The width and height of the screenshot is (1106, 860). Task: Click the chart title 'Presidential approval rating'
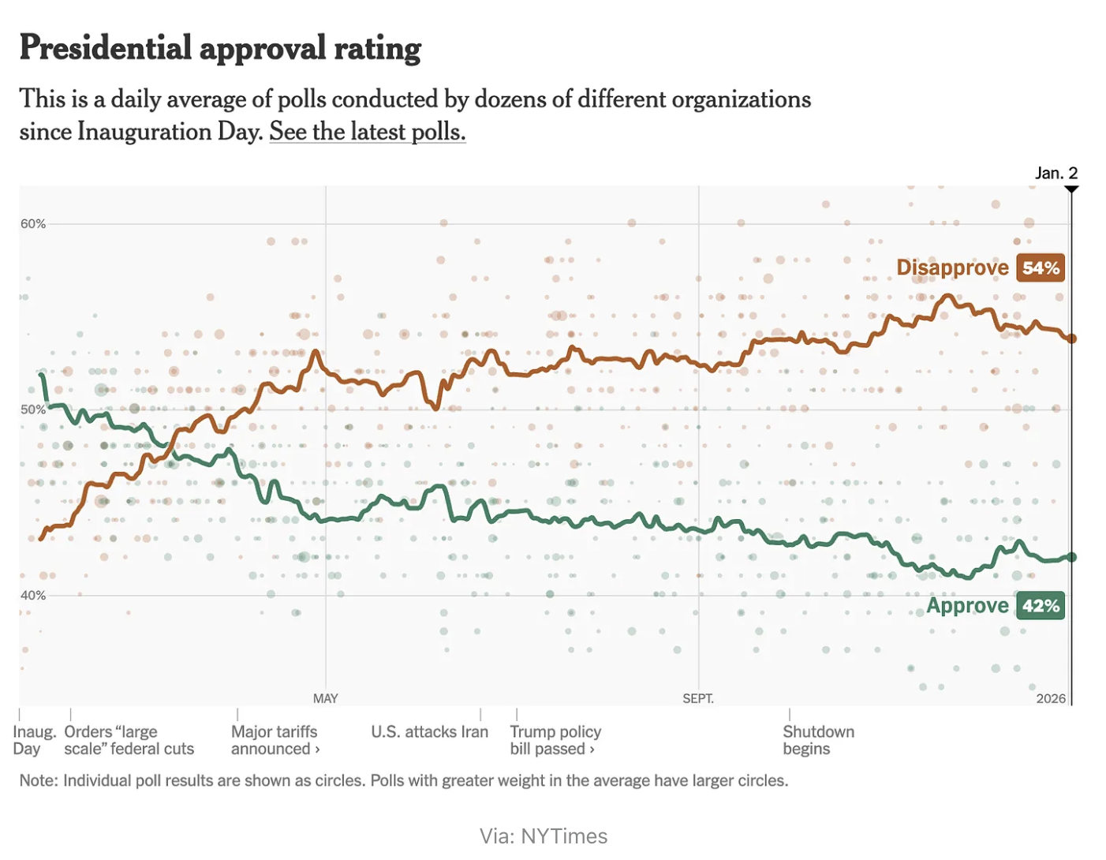coord(220,49)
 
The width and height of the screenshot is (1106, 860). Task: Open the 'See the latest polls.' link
coord(367,132)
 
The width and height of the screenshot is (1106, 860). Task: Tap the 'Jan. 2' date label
coord(1056,173)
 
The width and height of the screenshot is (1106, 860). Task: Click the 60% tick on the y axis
coord(33,224)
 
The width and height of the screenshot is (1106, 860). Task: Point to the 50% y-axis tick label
coord(33,409)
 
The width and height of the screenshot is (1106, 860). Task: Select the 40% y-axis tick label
coord(33,596)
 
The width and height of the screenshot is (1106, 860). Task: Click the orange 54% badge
coord(1041,268)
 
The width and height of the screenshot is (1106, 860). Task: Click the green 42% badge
coord(1041,606)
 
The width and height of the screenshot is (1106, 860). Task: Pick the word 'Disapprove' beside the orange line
coord(952,268)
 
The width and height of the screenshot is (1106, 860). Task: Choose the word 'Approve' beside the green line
coord(967,606)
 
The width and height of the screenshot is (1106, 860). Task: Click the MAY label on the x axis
coord(325,699)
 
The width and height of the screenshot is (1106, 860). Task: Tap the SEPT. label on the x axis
coord(698,699)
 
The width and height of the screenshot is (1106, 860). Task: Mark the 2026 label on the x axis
coord(1051,699)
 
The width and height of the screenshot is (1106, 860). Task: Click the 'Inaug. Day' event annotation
coord(34,740)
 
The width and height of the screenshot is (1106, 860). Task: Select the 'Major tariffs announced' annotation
coord(275,740)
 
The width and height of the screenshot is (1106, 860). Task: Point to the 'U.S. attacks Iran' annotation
coord(429,732)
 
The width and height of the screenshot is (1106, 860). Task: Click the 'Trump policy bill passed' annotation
coord(555,740)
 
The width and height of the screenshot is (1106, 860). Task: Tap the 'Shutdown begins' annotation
coord(818,740)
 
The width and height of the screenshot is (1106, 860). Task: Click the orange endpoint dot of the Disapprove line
coord(1071,338)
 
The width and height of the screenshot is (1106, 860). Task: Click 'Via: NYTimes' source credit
coord(544,836)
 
